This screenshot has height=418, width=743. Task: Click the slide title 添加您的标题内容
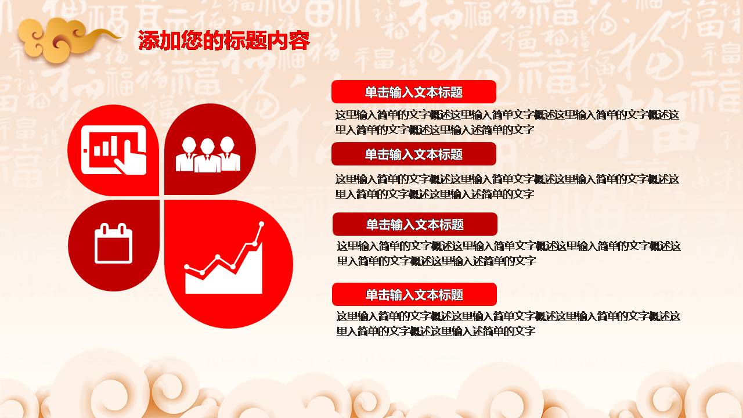224,41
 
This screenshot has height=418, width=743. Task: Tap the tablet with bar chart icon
114,150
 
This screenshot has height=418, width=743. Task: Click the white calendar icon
113,243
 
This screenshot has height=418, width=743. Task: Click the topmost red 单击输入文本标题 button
413,92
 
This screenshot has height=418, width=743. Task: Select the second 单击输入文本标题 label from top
413,154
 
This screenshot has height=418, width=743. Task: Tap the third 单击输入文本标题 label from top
414,224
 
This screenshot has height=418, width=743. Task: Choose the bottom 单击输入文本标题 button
414,294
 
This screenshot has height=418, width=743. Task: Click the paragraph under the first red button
507,122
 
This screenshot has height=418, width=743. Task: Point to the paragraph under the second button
507,186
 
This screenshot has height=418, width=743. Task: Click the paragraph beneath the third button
508,253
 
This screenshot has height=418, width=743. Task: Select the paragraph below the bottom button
508,323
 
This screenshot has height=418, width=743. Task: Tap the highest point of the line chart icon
262,224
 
